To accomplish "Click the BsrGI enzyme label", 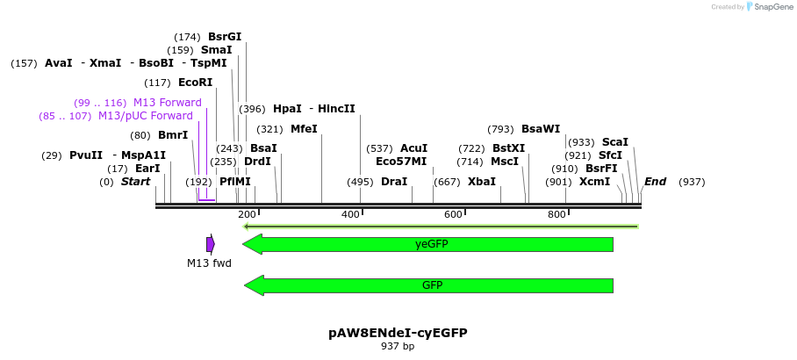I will click(225, 37).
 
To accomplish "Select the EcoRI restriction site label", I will click(195, 83).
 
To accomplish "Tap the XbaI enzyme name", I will click(482, 182).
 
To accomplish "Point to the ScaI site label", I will click(614, 142).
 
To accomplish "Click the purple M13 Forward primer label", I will click(167, 103).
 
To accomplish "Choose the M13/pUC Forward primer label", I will click(145, 116).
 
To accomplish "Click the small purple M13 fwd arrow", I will click(211, 244).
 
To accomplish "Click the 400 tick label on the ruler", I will click(350, 215).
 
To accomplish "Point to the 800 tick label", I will click(556, 215).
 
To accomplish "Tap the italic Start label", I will click(136, 182).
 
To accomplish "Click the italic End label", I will click(655, 182).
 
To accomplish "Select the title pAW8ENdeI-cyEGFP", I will click(398, 333).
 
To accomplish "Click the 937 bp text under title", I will click(398, 347).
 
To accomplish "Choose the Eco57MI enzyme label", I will click(401, 162).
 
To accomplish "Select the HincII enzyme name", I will click(336, 109).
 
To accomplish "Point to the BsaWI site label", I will click(541, 129).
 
